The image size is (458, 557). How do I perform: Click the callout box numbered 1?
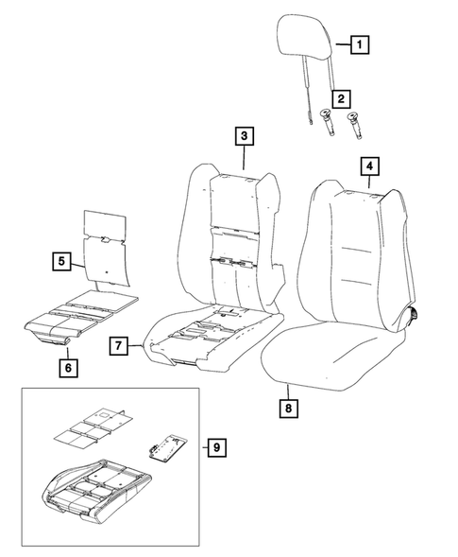359,43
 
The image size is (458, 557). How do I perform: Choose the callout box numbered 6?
71,365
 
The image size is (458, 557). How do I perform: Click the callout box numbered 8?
287,409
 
